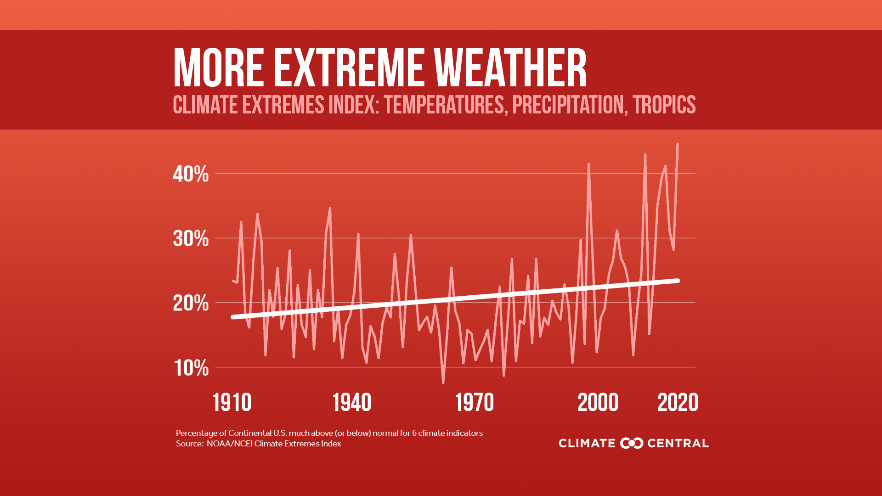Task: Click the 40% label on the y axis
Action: (x=191, y=175)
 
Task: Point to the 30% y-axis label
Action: (x=191, y=239)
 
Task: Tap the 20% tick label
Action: (x=191, y=304)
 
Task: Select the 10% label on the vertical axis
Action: (x=191, y=368)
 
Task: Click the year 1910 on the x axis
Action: (x=232, y=403)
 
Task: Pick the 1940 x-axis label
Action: (x=352, y=403)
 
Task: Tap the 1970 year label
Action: (x=474, y=403)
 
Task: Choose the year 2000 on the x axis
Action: (x=598, y=403)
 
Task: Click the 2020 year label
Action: (x=678, y=403)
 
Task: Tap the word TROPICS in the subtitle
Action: (x=664, y=105)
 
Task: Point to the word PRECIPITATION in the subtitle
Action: (x=568, y=105)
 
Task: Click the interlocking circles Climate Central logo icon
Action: (x=632, y=443)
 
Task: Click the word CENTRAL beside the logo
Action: (x=678, y=443)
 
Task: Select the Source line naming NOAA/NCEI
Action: (x=258, y=444)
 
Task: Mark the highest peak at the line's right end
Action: (x=678, y=144)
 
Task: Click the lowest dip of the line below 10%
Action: (x=443, y=382)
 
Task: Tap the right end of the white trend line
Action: (x=678, y=281)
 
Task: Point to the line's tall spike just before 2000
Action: (x=588, y=164)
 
